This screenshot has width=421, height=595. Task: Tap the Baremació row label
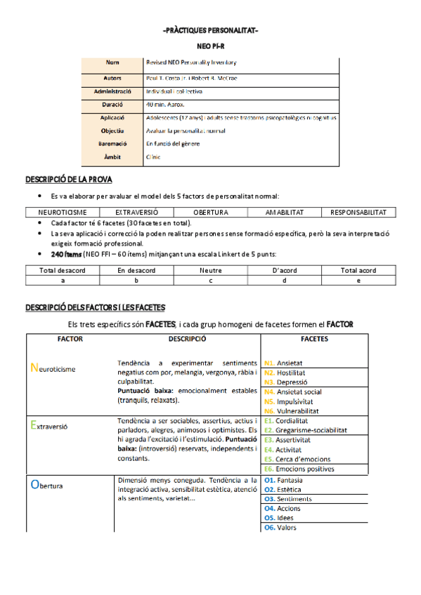[112, 143]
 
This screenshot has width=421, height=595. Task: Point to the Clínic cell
[153, 156]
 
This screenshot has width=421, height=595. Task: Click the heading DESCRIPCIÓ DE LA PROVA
[69, 180]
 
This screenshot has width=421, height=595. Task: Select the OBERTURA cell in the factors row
[210, 212]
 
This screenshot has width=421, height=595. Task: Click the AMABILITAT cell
[285, 212]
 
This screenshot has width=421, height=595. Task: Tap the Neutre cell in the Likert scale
[210, 270]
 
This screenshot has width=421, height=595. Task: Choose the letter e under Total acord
[358, 280]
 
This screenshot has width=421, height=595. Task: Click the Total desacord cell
[63, 270]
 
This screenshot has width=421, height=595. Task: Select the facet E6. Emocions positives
[299, 469]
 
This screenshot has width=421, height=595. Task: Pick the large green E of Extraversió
[34, 423]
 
